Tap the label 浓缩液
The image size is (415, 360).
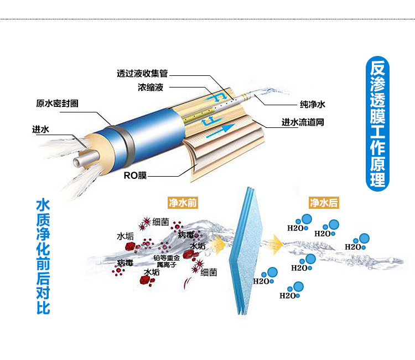[x=151, y=87]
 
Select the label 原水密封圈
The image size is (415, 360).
[x=57, y=104]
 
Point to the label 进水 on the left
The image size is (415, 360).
[x=41, y=130]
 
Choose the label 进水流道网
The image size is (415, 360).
[x=303, y=122]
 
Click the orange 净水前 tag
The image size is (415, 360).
[x=183, y=203]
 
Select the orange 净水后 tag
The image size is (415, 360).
[x=324, y=203]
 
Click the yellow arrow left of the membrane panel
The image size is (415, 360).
[x=220, y=243]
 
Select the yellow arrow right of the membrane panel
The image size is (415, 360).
[x=276, y=243]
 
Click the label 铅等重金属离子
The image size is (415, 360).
[x=167, y=261]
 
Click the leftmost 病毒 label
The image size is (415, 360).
[x=125, y=262]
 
